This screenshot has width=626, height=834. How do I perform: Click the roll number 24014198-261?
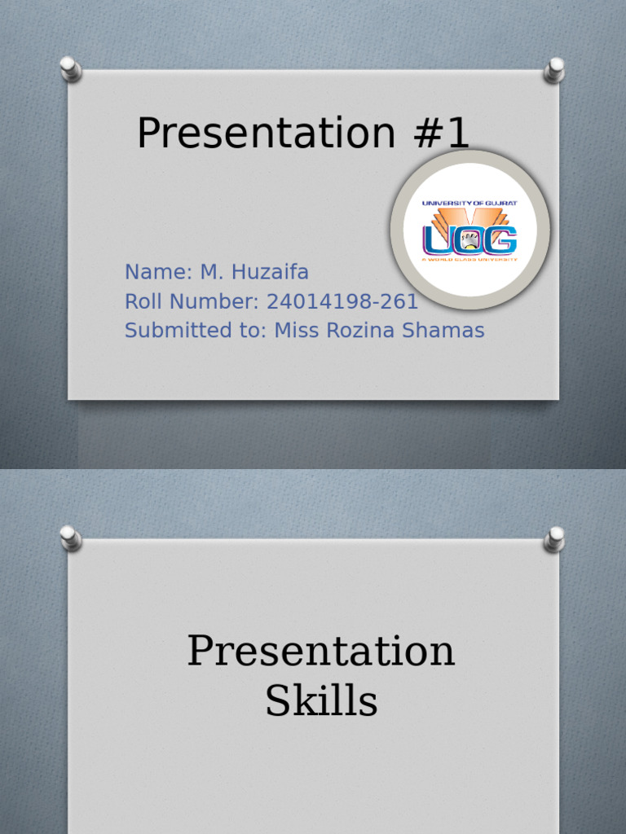[342, 301]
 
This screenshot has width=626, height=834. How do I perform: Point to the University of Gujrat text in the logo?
[469, 204]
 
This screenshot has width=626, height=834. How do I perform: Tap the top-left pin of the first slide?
[71, 68]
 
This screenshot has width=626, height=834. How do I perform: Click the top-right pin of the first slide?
[554, 68]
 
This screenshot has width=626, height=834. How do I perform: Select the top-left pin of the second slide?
[71, 538]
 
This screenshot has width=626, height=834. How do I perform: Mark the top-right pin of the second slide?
[554, 538]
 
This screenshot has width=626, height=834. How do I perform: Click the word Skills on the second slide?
[321, 701]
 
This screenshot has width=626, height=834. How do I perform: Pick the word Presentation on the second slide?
[321, 652]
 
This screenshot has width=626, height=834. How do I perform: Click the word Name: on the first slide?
[157, 272]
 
